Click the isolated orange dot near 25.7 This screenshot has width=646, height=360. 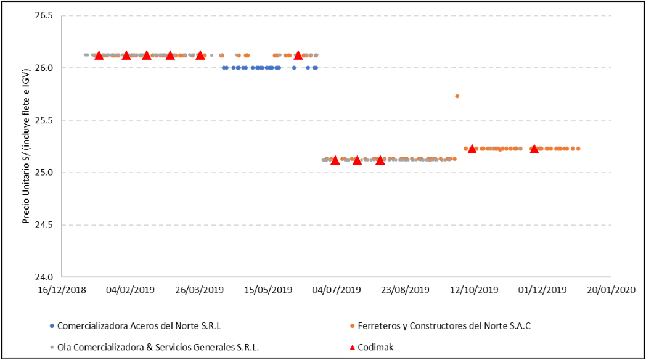click(457, 96)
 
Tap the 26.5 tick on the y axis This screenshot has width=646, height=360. click(45, 15)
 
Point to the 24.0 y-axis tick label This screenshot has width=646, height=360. click(45, 277)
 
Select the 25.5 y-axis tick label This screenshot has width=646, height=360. click(45, 120)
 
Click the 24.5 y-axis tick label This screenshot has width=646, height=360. click(45, 225)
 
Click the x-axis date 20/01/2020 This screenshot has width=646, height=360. click(610, 290)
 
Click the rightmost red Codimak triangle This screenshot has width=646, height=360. click(534, 149)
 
